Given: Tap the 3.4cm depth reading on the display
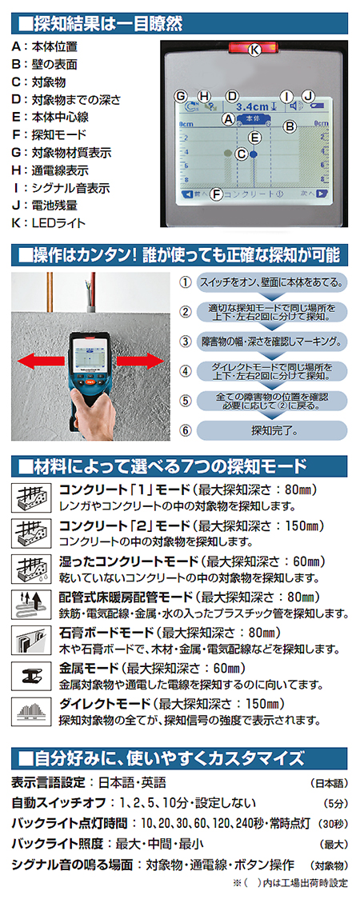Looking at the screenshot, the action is coord(252,106).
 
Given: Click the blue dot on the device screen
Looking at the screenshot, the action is coord(254,154).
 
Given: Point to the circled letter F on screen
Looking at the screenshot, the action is coord(217,194).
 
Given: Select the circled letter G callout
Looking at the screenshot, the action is coord(181,95).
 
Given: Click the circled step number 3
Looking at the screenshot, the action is coord(185,342).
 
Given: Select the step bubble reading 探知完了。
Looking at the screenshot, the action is coord(272,430).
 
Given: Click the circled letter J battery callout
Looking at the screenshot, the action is coord(309,95).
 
